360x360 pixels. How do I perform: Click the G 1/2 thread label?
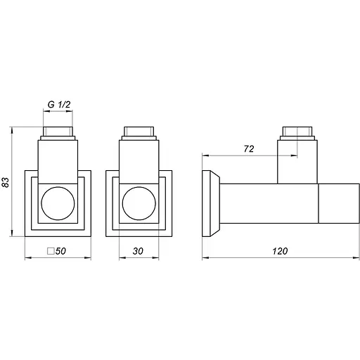coord(60,105)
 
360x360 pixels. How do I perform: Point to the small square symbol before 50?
coord(50,251)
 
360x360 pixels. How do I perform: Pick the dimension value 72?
coord(248,149)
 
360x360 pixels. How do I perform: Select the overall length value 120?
coord(279,251)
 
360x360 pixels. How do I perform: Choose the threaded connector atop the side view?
coord(298,133)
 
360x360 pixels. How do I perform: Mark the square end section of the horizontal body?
coord(336,203)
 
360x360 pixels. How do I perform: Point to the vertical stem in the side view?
coord(298,162)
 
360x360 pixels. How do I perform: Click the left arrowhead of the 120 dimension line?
coord(205,258)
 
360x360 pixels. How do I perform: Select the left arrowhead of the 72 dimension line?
coord(205,155)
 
